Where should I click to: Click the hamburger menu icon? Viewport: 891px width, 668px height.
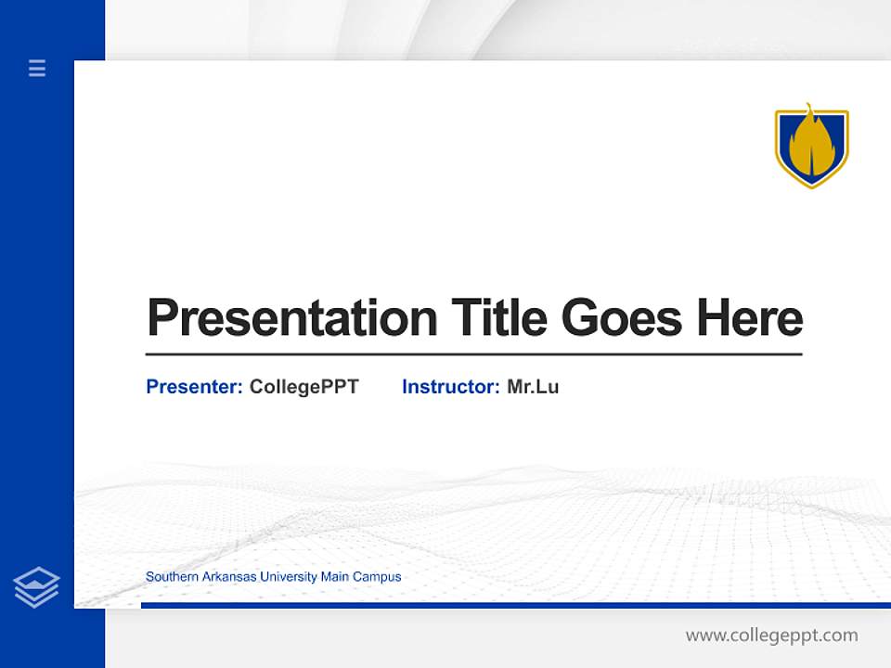37,68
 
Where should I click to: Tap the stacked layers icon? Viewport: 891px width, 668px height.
36,587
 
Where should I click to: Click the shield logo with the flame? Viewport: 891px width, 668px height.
811,147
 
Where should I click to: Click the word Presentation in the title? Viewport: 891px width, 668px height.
291,318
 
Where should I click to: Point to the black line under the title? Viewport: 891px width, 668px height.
473,354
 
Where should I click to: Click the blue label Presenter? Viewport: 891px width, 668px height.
194,387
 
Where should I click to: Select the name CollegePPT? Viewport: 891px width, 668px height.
303,387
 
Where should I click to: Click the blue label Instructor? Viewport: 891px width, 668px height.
450,387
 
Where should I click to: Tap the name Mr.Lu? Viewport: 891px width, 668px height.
533,387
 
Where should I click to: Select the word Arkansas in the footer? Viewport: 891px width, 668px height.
226,577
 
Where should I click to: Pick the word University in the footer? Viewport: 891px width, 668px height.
288,577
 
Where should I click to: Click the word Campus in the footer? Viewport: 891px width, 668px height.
377,577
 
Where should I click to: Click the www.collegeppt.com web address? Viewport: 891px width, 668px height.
771,636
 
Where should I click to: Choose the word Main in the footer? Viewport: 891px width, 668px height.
334,577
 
